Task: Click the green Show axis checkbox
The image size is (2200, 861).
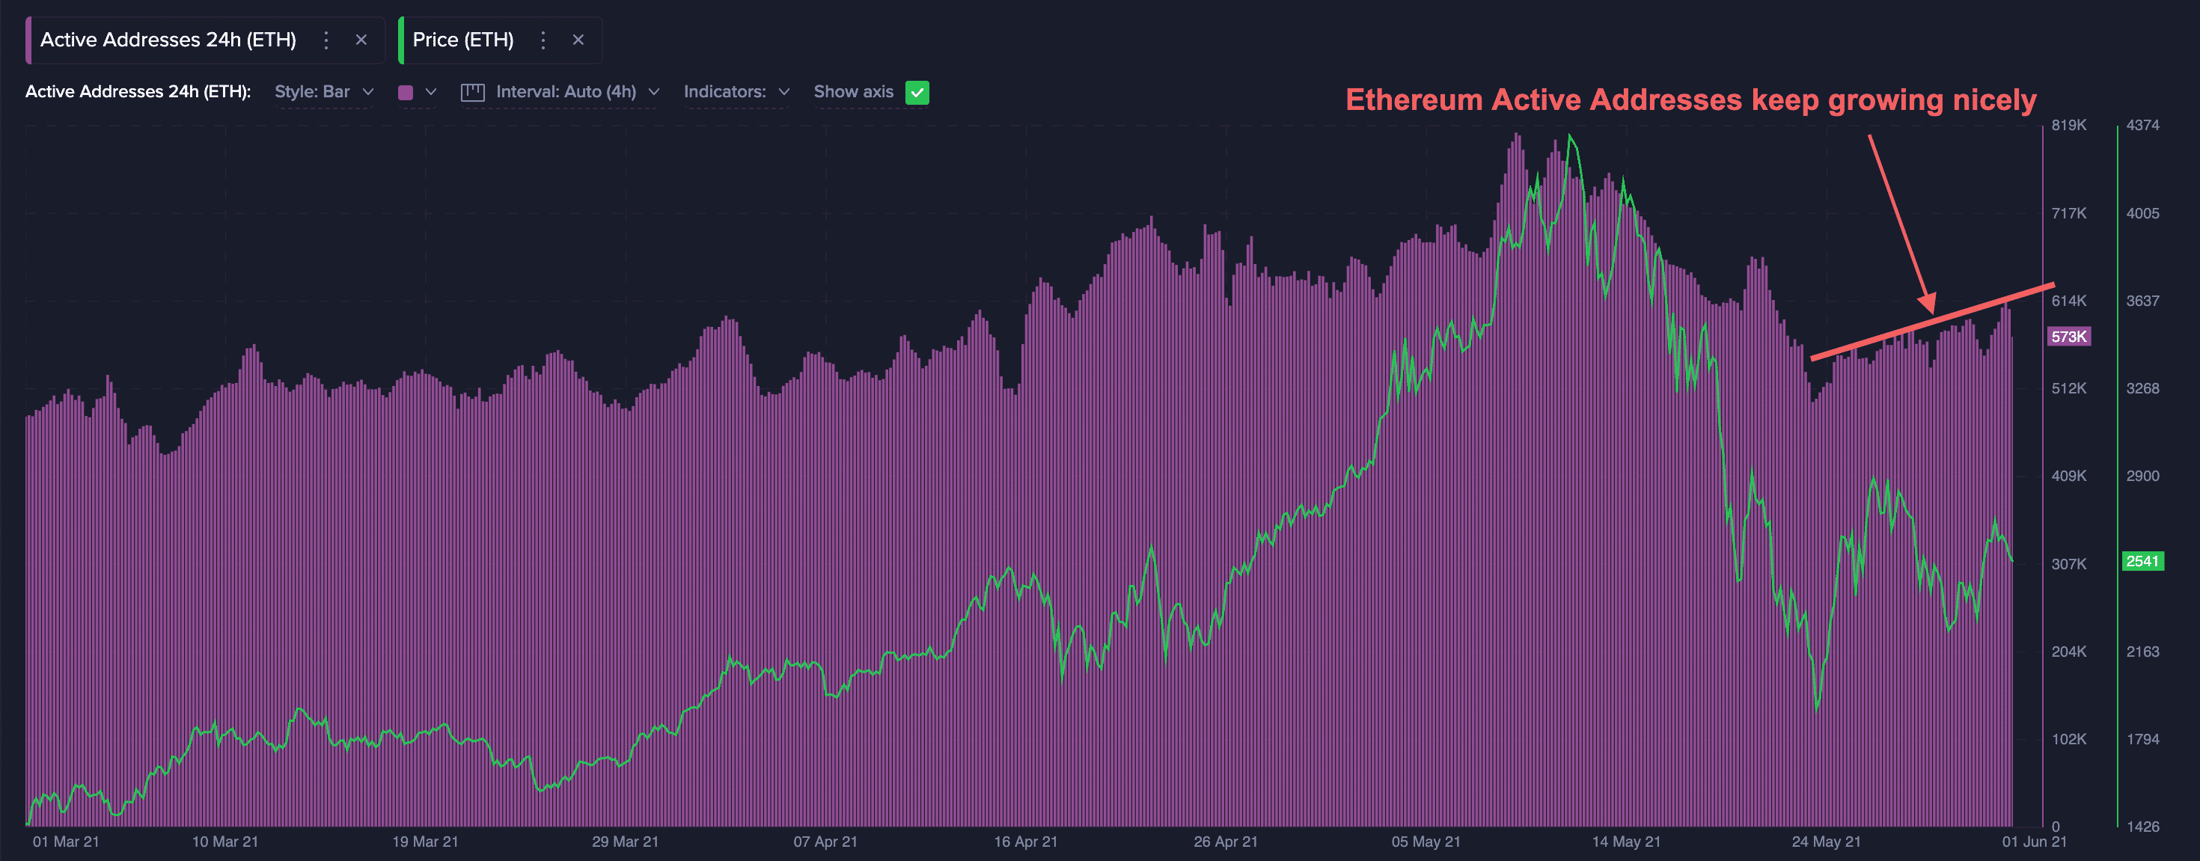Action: click(x=917, y=92)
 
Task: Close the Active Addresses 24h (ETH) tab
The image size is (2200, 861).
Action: click(x=361, y=40)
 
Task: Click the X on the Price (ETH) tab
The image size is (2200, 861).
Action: click(x=578, y=40)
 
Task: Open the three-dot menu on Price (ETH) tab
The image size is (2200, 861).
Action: click(x=543, y=40)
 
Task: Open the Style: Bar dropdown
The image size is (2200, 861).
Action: click(x=324, y=92)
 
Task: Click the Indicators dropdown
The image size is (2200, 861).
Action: click(x=736, y=92)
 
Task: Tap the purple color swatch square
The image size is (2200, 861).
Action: click(x=406, y=92)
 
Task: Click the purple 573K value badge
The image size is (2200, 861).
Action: click(x=2068, y=337)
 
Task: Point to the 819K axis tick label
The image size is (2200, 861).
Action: click(x=2068, y=126)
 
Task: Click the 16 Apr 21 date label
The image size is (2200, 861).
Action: click(x=1026, y=842)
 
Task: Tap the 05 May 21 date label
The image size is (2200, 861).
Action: click(x=1426, y=842)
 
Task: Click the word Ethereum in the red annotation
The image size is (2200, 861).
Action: click(x=1414, y=100)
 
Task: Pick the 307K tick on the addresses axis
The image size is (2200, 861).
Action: click(x=2068, y=564)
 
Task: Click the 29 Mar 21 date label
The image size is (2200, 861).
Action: click(x=625, y=842)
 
